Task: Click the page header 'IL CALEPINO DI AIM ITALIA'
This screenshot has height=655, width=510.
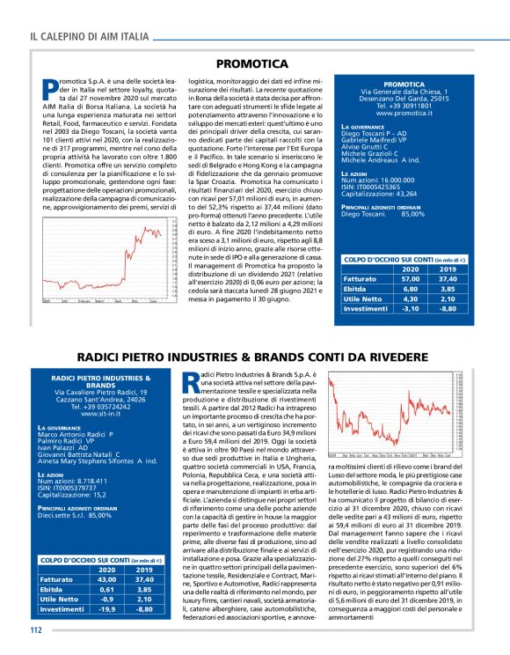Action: pyautogui.click(x=89, y=37)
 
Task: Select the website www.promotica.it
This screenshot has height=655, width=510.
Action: pyautogui.click(x=404, y=114)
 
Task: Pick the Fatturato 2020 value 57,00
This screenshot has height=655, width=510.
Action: pyautogui.click(x=409, y=277)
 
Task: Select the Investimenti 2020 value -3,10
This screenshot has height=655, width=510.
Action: pyautogui.click(x=409, y=309)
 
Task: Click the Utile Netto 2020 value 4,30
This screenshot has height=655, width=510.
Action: pyautogui.click(x=409, y=298)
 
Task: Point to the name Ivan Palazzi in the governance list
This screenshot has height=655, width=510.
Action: pyautogui.click(x=62, y=446)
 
